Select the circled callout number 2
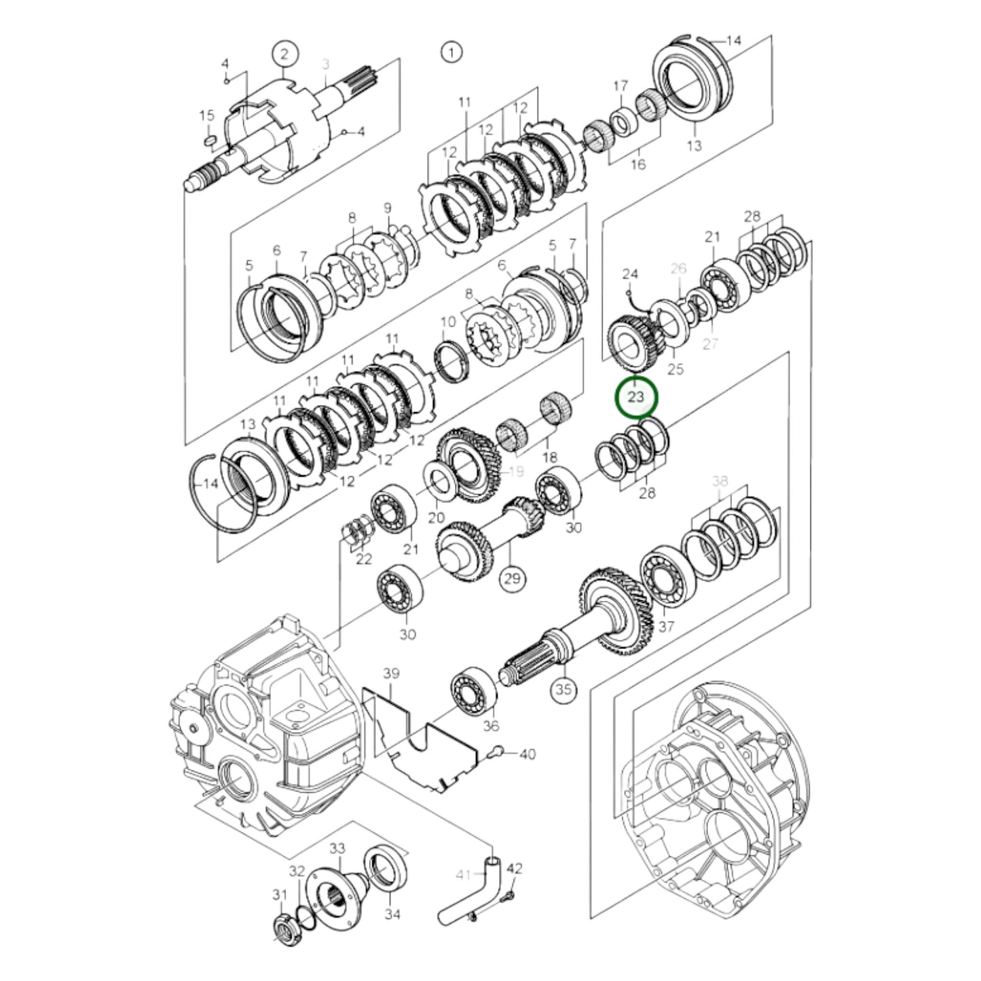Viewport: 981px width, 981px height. point(285,54)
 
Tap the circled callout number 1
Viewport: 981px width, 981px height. point(451,52)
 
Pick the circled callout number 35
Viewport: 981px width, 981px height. point(563,690)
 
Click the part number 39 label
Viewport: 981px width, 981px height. point(392,673)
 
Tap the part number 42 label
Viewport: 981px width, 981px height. point(515,868)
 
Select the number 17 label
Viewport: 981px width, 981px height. point(621,86)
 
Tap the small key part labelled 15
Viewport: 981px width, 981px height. point(210,141)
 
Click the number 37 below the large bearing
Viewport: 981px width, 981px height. point(666,626)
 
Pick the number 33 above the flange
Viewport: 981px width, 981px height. point(337,849)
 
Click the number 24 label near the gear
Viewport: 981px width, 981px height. point(630,274)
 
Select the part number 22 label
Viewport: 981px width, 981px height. point(364,559)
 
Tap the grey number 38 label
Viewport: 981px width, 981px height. point(720,481)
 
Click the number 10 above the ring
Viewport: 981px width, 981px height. point(447,322)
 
